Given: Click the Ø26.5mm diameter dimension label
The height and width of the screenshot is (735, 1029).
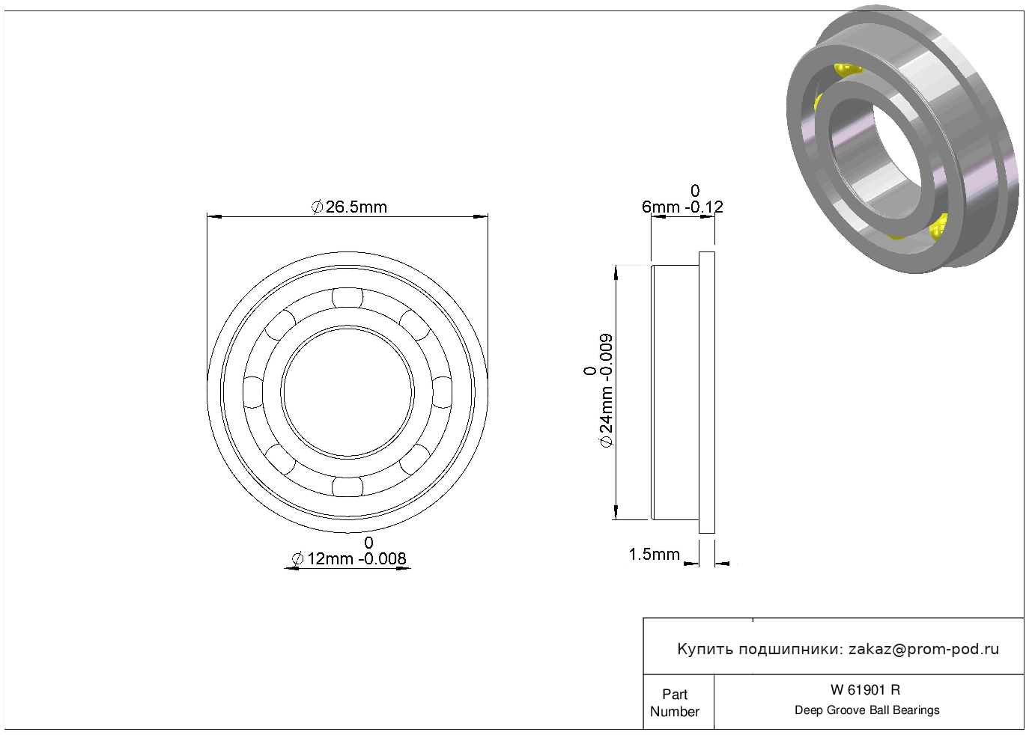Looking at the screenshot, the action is click(x=349, y=207).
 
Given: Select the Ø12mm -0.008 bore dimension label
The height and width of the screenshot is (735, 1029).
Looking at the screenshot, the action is click(x=349, y=552).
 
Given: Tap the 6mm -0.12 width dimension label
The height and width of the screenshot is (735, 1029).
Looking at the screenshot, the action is click(x=683, y=200).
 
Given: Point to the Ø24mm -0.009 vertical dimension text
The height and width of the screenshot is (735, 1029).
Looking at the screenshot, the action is click(x=599, y=390).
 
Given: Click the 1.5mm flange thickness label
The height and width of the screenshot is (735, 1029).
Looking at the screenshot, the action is click(x=654, y=555).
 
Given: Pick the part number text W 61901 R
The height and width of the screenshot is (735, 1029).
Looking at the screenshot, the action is click(x=866, y=690).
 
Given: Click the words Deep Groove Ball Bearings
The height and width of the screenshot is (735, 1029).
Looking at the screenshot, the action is click(x=867, y=710).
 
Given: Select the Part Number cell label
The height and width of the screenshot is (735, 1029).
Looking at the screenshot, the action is click(x=674, y=703).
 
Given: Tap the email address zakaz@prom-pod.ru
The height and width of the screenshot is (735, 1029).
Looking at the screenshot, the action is click(x=923, y=649).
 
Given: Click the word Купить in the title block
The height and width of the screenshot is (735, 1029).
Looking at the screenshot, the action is click(x=705, y=650).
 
